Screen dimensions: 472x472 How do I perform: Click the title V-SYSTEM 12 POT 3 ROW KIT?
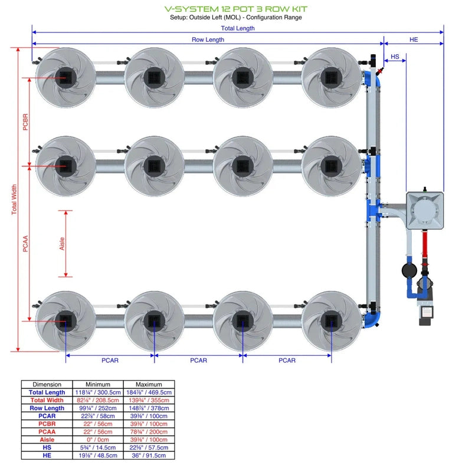click(235, 9)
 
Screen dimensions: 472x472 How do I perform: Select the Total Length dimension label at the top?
click(238, 28)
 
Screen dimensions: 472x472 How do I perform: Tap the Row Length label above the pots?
click(208, 40)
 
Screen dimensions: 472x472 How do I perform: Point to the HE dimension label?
click(414, 40)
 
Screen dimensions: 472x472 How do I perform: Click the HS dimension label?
click(395, 57)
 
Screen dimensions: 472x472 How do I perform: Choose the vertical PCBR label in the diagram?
click(25, 122)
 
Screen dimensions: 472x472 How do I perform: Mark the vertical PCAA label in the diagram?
click(25, 243)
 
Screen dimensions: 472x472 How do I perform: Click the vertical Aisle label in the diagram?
click(63, 243)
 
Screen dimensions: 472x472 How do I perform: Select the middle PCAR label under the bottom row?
click(198, 360)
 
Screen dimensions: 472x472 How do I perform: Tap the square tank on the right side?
click(425, 209)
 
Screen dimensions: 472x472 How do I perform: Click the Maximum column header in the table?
click(149, 384)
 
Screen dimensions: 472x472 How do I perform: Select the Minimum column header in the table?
click(98, 384)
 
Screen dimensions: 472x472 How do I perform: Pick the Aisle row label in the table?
click(47, 440)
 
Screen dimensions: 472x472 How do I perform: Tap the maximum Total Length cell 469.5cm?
click(149, 392)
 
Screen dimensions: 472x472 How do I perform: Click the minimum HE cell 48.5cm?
click(98, 455)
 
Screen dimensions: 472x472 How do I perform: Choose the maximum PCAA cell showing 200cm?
click(149, 432)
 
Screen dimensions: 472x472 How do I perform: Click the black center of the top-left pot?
click(64, 77)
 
